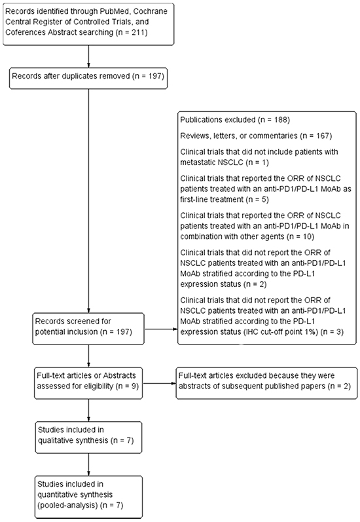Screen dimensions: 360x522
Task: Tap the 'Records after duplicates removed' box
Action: pos(88,79)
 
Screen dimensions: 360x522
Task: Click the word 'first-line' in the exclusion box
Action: pos(195,199)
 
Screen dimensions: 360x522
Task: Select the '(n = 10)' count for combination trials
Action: pos(300,236)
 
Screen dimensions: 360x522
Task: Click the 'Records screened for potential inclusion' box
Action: pos(88,329)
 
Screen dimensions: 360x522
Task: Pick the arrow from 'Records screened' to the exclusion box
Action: pos(161,329)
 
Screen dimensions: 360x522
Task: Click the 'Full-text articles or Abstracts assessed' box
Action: pos(88,383)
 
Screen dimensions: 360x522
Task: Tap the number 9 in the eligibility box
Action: pos(134,386)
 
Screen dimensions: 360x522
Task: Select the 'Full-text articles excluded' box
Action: pos(266,383)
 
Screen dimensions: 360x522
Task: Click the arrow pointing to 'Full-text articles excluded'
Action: pos(159,384)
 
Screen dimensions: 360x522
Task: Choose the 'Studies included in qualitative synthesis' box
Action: pos(88,437)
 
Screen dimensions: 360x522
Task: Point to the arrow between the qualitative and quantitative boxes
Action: pos(88,464)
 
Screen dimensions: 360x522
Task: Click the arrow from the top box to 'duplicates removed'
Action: pos(88,56)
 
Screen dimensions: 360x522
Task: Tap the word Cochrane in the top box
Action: pos(151,11)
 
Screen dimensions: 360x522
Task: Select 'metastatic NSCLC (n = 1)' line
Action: pos(225,162)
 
